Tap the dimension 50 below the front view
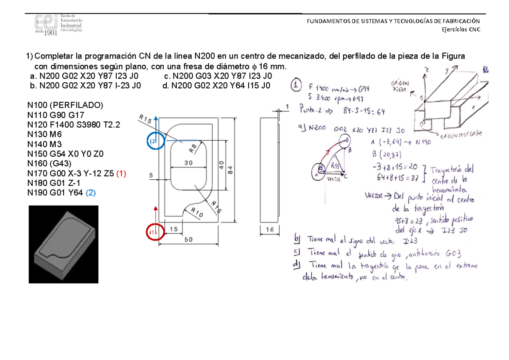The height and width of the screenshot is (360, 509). coord(188,240)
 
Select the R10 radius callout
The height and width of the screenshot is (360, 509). coord(196,213)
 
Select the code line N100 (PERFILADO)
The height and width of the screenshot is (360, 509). coord(64,105)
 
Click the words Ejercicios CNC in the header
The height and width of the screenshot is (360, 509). coord(460,30)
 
